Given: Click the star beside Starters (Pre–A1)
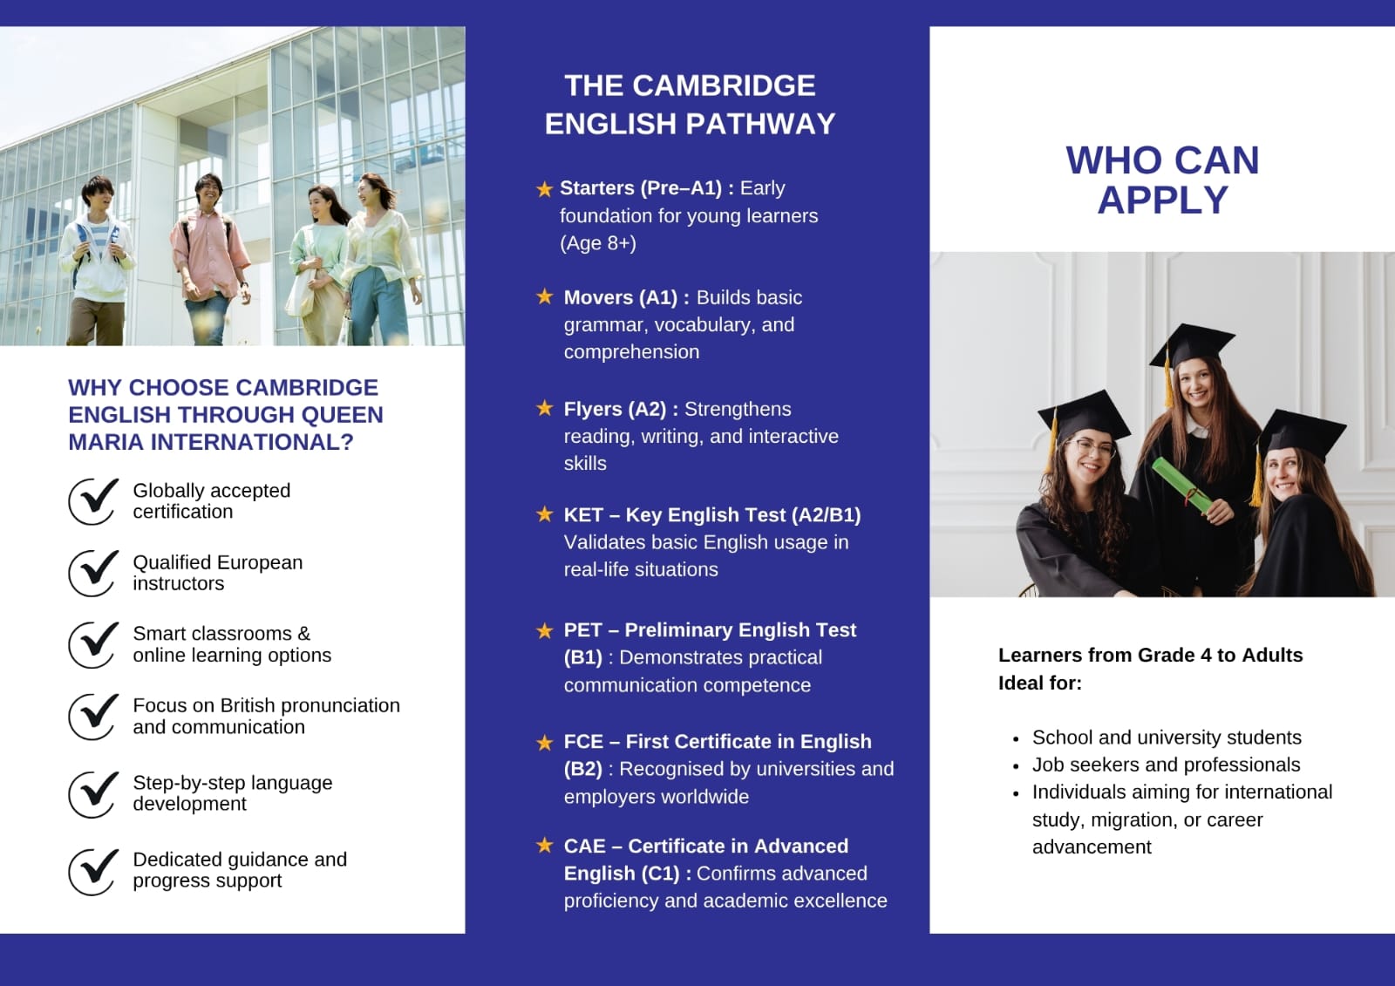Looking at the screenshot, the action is pyautogui.click(x=544, y=188).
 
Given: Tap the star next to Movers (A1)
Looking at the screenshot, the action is pyautogui.click(x=544, y=296).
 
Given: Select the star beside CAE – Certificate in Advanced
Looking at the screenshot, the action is pyautogui.click(x=544, y=846).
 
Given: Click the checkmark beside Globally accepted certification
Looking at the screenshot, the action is pyautogui.click(x=93, y=501).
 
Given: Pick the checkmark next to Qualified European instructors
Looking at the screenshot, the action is pyautogui.click(x=93, y=573).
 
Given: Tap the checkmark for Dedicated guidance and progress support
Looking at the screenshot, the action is pyautogui.click(x=93, y=872).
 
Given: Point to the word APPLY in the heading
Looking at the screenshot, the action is pyautogui.click(x=1163, y=200).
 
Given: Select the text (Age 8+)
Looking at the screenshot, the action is pyautogui.click(x=598, y=243).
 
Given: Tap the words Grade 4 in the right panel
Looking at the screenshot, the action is pyautogui.click(x=1174, y=656).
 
